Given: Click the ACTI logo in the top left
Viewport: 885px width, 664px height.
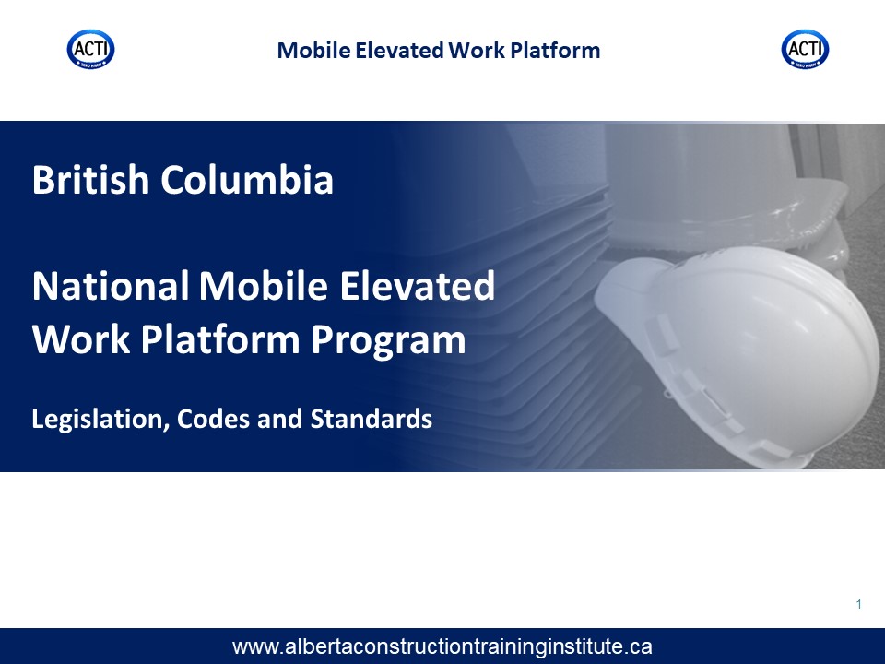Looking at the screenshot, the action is [x=91, y=50].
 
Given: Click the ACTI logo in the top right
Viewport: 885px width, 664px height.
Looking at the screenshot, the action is [x=805, y=50].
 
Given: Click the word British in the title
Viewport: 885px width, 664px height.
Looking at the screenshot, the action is [x=90, y=180].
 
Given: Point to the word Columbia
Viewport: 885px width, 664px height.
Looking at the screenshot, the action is [x=247, y=180].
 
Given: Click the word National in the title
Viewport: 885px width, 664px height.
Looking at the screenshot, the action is [x=111, y=286].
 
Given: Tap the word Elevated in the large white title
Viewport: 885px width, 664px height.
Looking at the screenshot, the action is [x=417, y=286].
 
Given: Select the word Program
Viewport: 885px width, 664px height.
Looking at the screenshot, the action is [x=388, y=341].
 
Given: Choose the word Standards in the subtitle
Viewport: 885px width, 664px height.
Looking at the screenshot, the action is [x=372, y=419].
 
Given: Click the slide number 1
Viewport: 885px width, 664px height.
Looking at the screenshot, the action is [x=859, y=604].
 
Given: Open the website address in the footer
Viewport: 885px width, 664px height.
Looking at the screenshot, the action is [x=442, y=646].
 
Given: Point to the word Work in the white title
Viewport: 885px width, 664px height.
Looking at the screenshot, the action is [x=81, y=339].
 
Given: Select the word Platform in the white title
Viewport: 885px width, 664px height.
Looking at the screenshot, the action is [x=220, y=339].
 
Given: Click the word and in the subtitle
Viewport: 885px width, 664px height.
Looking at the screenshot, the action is [x=280, y=419].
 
